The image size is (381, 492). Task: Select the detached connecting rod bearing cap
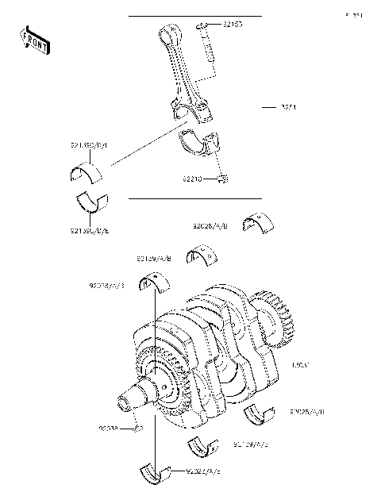click(x=199, y=144)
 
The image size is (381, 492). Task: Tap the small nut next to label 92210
click(x=224, y=179)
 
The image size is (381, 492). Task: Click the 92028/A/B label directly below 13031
click(x=307, y=413)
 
